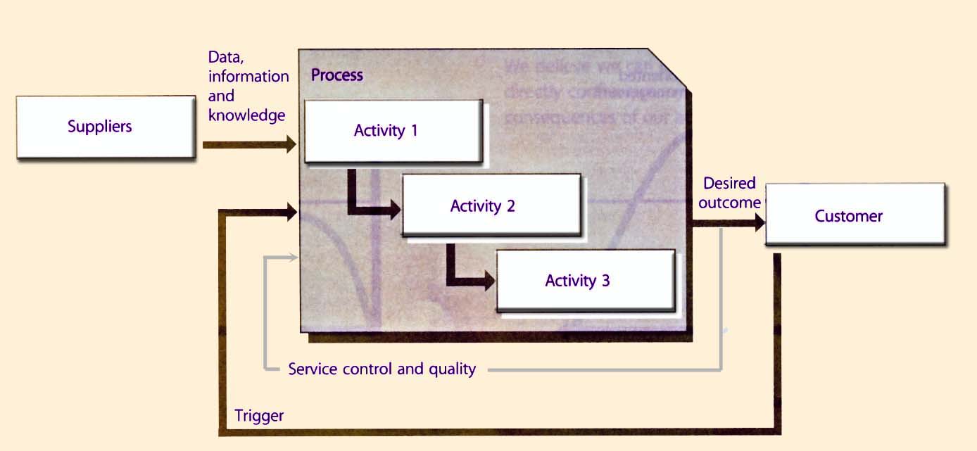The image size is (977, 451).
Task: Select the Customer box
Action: pyautogui.click(x=855, y=215)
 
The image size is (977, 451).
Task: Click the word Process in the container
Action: pyautogui.click(x=337, y=75)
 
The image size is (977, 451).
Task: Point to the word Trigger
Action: pyautogui.click(x=259, y=416)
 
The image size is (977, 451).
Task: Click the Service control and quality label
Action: pyautogui.click(x=382, y=369)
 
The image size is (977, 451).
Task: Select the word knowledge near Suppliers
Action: pyautogui.click(x=246, y=115)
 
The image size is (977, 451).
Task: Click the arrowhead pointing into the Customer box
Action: pyautogui.click(x=759, y=223)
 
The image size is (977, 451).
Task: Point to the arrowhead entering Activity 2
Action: pyautogui.click(x=394, y=208)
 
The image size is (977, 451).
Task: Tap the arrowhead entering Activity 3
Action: pyautogui.click(x=490, y=283)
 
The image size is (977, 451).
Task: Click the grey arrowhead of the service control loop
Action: pyautogui.click(x=294, y=258)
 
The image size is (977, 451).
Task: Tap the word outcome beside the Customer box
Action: pyautogui.click(x=732, y=203)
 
